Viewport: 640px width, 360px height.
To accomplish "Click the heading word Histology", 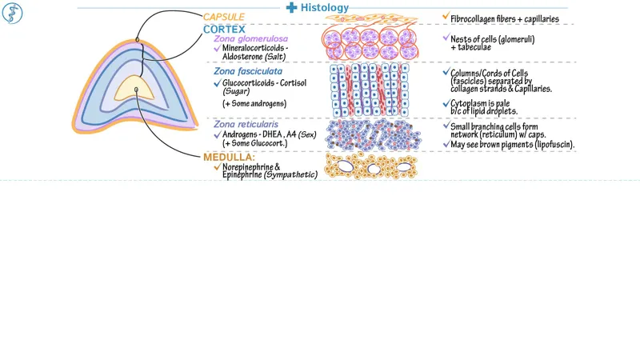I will (325, 7).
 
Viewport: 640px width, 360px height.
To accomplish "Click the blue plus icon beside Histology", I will (292, 7).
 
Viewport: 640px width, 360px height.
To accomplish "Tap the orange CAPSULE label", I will (224, 17).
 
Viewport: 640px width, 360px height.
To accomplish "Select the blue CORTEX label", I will (224, 29).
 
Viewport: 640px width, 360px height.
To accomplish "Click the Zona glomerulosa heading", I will (250, 38).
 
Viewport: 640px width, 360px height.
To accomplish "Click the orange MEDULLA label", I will (229, 157).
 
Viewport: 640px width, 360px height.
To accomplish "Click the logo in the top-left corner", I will (13, 13).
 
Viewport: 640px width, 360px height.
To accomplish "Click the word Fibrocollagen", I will (478, 18).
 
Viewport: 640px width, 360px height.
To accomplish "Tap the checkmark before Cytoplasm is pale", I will (446, 104).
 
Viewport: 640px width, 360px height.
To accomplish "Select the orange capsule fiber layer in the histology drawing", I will (370, 20).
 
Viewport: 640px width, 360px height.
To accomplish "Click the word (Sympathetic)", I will (291, 174).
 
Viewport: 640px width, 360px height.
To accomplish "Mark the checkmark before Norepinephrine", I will (216, 167).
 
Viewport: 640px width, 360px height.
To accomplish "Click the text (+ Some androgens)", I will (254, 104).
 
